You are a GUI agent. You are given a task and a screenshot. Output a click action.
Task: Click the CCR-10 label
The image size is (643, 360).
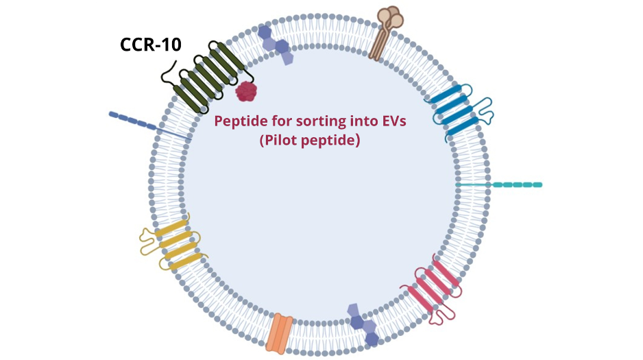pyautogui.click(x=150, y=45)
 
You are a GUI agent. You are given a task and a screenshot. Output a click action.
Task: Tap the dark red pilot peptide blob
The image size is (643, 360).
pyautogui.click(x=245, y=91)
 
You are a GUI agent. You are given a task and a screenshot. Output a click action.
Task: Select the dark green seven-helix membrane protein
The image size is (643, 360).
pyautogui.click(x=209, y=77)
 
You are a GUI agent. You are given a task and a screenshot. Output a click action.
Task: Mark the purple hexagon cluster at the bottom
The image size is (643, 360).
pyautogui.click(x=363, y=324)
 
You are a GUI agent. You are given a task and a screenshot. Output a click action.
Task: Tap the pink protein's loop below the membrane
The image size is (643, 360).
pyautogui.click(x=445, y=314)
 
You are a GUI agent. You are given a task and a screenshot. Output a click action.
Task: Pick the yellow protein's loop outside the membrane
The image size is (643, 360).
pyautogui.click(x=149, y=241)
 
